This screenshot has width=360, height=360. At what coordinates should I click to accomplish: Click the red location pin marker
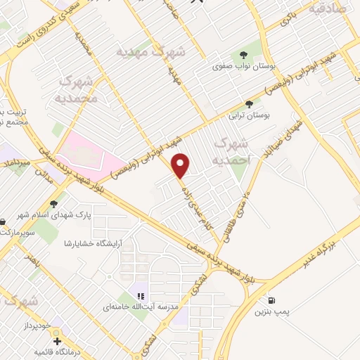(181, 165)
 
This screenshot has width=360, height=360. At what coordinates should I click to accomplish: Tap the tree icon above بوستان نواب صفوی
(243, 55)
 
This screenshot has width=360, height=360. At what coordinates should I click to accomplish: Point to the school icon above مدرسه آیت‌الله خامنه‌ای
(141, 296)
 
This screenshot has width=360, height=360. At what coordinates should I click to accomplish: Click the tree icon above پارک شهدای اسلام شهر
(53, 203)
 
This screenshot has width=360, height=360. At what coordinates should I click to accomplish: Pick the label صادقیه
(335, 9)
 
